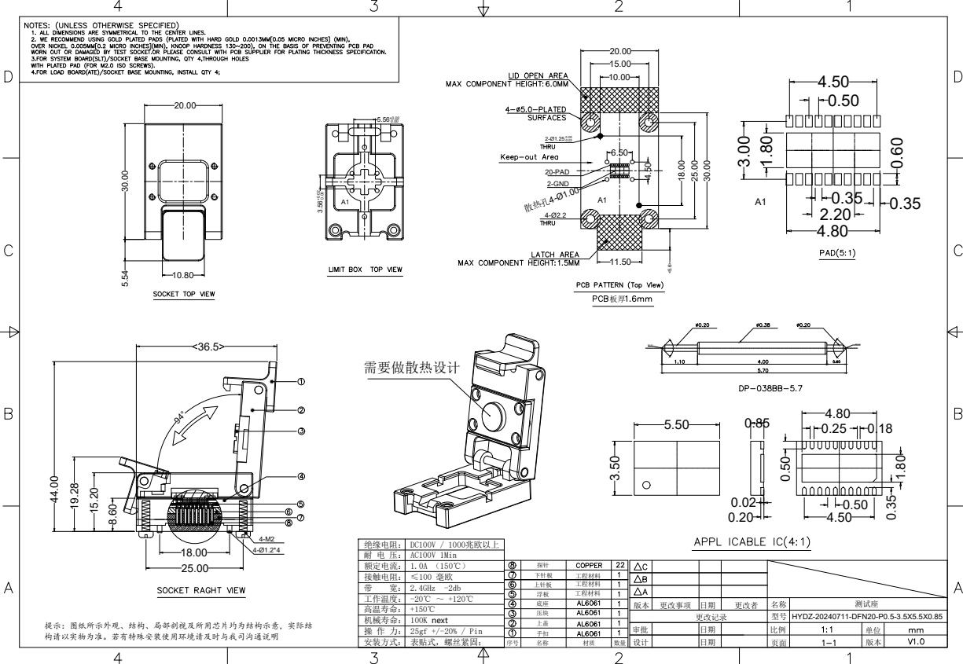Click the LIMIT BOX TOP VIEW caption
coord(365,270)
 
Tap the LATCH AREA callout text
coord(556,254)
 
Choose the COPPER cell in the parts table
coord(589,564)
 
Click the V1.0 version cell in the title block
coord(916,641)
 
